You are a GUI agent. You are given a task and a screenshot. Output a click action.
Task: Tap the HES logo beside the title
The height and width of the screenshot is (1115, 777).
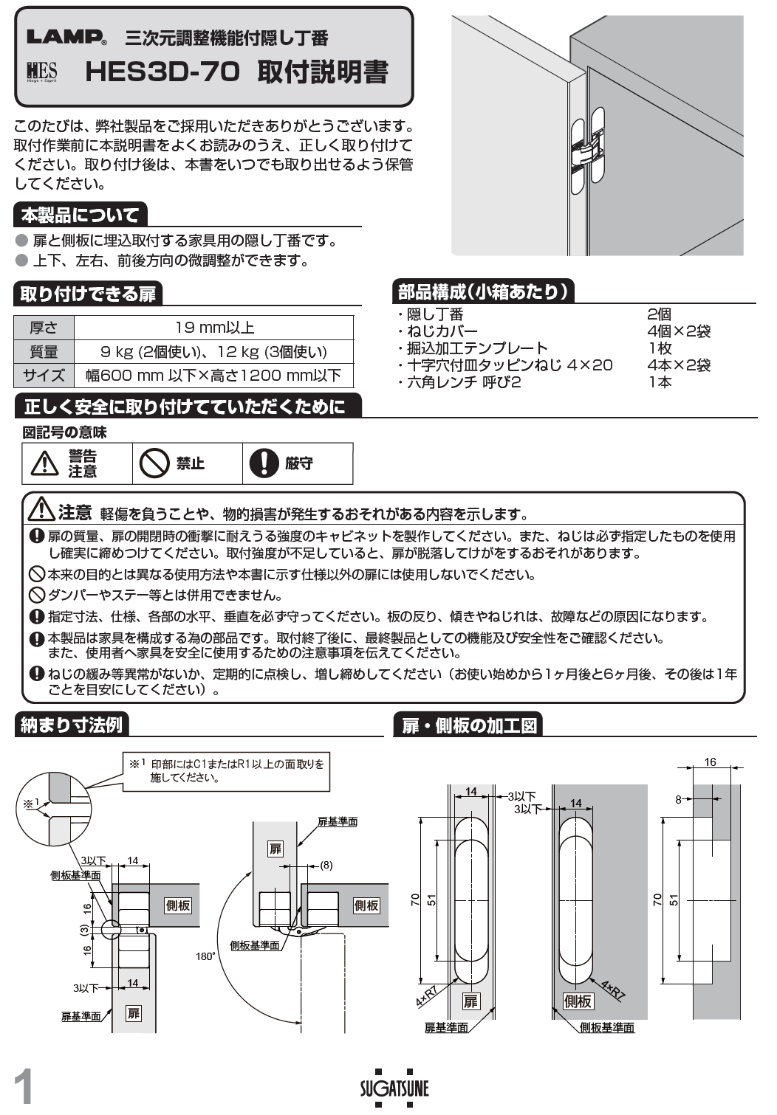[x=42, y=72]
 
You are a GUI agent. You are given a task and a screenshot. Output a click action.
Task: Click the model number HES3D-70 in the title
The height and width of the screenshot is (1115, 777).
[x=162, y=72]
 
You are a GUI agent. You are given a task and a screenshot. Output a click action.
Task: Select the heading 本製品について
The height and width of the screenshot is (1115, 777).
[x=80, y=215]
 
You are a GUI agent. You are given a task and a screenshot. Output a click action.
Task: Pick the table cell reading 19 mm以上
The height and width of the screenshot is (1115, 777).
[x=214, y=328]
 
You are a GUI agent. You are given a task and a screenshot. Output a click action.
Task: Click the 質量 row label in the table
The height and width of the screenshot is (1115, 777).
[x=44, y=352]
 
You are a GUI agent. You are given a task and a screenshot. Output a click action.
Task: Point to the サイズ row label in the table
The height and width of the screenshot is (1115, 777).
[x=44, y=376]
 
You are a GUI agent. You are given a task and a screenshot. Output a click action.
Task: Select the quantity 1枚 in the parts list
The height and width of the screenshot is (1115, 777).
[x=660, y=348]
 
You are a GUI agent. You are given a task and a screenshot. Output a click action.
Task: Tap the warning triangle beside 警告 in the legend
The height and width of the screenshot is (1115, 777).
[x=45, y=463]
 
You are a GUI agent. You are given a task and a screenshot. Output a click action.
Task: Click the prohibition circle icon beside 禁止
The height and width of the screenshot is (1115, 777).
[x=154, y=463]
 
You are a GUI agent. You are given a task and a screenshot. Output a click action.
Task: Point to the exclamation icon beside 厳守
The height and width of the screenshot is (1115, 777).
[x=264, y=463]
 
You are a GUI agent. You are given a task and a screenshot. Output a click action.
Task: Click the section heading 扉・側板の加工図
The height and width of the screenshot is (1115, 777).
[x=468, y=725]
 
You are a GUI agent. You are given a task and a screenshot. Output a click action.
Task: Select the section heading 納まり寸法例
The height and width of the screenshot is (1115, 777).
[x=71, y=725]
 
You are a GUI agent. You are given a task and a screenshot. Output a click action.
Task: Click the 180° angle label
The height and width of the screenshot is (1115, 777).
[x=205, y=956]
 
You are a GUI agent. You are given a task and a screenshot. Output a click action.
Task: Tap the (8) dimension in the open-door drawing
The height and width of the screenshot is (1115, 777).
[x=326, y=865]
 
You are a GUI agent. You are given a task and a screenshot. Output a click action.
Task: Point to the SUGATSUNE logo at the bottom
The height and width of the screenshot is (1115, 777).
[x=394, y=1088]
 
